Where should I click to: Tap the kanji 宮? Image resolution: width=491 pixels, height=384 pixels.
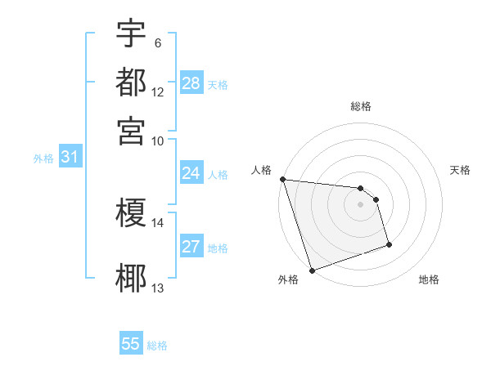coord(131,131)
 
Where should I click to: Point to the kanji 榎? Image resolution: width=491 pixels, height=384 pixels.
coord(131,214)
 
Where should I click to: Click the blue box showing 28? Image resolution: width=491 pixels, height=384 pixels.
coord(191,83)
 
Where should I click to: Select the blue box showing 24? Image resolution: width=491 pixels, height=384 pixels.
coord(191,173)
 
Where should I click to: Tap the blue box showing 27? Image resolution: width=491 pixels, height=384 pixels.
coord(191,248)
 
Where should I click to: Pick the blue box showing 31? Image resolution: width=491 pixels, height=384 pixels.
coord(70,158)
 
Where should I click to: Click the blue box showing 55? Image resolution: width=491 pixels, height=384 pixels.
coord(131,344)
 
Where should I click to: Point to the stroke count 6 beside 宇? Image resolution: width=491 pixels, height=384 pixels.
coord(158,42)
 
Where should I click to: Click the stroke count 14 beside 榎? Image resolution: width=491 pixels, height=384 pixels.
coord(157,222)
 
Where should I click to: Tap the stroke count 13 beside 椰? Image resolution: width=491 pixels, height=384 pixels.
coord(157,288)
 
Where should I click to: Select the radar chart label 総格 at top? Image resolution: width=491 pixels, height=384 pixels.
coord(360,106)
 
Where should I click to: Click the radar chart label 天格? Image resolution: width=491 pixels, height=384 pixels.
coord(460,170)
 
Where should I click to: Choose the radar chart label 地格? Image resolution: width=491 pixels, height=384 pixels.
coord(429,280)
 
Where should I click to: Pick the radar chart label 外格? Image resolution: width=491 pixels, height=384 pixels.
coord(288,280)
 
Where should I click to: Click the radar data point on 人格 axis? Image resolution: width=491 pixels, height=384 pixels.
coord(282,179)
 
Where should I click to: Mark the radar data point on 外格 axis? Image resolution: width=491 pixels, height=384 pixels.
coord(312,270)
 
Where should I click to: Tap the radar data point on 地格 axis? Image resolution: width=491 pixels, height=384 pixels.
coord(389,244)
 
